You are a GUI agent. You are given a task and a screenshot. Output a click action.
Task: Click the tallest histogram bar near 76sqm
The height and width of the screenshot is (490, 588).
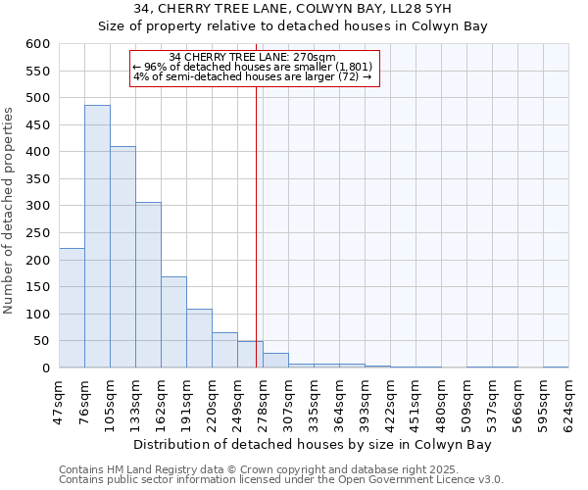(97, 236)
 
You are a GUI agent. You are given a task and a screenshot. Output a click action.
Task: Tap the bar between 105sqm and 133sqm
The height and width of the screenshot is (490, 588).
(122, 257)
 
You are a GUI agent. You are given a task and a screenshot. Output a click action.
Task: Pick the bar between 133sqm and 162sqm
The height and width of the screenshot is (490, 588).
(148, 284)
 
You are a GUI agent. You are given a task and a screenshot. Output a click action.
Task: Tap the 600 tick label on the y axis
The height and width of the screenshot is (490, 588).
(38, 44)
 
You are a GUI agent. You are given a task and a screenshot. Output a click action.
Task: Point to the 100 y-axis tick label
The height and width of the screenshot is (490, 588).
(38, 315)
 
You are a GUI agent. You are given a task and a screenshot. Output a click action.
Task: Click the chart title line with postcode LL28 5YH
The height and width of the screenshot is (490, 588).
(293, 10)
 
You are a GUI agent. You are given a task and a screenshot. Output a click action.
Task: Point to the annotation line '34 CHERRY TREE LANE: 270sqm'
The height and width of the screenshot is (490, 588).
(253, 57)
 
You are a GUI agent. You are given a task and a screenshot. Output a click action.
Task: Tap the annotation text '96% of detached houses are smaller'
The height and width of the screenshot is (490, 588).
(252, 67)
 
